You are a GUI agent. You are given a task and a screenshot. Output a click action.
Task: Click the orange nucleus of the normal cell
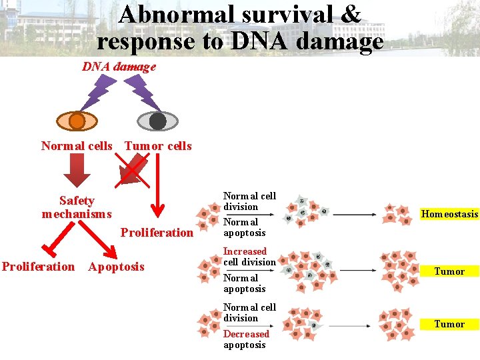point(77,121)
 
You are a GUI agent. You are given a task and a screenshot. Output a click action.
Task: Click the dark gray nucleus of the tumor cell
point(157,121)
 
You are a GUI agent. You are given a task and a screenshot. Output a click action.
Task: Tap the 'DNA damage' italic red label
point(119,67)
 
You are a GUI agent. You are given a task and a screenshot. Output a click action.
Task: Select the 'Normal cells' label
point(77,146)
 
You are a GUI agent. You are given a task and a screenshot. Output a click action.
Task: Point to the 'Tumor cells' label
point(158,146)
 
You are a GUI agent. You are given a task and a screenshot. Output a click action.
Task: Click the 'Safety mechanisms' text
point(77,207)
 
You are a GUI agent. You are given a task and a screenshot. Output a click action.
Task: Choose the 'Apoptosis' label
point(116,267)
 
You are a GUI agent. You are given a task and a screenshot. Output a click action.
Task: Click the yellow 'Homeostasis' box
point(449,214)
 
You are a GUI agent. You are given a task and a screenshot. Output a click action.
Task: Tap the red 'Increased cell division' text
point(249,257)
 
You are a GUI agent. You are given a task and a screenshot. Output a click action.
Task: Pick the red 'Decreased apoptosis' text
point(246,339)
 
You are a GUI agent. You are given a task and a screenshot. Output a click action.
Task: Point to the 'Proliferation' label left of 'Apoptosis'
point(39,267)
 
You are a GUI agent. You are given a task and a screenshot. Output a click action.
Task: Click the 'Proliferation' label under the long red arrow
point(157,233)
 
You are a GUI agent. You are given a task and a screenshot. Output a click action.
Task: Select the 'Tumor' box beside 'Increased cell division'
point(449,271)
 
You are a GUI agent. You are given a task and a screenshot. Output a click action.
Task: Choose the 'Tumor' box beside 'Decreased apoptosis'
point(449,324)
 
